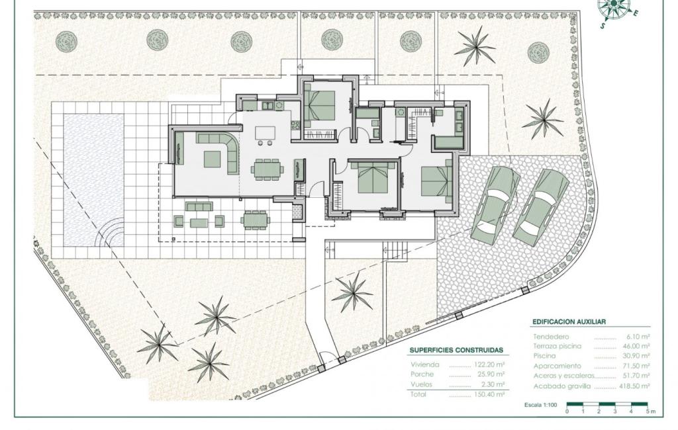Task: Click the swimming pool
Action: click(94, 180)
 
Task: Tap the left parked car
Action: click(495, 204)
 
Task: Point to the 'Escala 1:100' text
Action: click(540, 405)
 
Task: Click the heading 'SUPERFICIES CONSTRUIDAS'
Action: click(456, 351)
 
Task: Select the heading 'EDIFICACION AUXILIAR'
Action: click(569, 322)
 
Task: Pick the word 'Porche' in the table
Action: click(422, 374)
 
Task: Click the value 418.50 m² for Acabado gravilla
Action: click(634, 386)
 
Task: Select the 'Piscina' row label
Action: click(544, 356)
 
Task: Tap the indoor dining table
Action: click(267, 169)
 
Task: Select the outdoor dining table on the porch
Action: click(255, 220)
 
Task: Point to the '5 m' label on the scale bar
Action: click(650, 411)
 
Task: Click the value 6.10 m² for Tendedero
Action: click(639, 336)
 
